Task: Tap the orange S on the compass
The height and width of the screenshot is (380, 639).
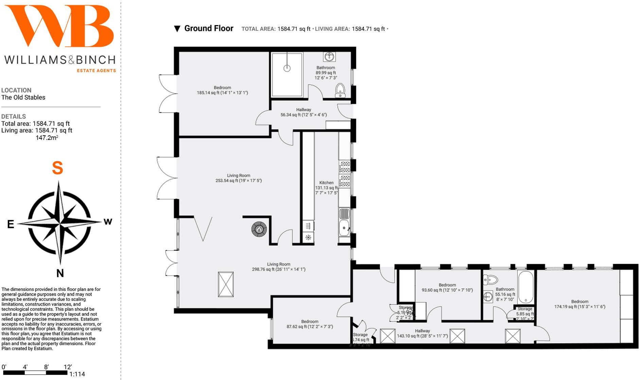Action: click(x=57, y=168)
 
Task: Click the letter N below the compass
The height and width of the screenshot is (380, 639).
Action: click(x=60, y=273)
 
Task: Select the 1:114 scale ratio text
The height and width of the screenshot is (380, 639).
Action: click(x=77, y=374)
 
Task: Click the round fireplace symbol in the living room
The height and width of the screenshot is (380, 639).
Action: click(x=259, y=229)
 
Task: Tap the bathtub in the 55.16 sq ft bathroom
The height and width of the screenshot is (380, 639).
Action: click(x=526, y=287)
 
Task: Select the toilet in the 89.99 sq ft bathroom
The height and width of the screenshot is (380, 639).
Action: click(x=340, y=91)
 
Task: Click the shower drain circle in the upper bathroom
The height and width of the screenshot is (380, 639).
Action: click(x=287, y=68)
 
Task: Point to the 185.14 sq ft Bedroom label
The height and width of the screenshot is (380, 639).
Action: click(x=222, y=90)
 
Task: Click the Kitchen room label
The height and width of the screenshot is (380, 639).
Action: click(x=326, y=183)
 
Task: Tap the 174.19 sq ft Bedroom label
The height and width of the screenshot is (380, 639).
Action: click(x=580, y=304)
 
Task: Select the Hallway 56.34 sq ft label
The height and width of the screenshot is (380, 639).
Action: click(x=303, y=112)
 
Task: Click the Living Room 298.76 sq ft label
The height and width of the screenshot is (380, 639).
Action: click(x=279, y=267)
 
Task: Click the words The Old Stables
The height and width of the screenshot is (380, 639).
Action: click(x=23, y=97)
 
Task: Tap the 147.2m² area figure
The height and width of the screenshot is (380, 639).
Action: click(x=47, y=138)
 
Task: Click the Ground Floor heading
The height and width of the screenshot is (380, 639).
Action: click(x=209, y=29)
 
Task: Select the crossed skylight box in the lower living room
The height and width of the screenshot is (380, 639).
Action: click(x=226, y=284)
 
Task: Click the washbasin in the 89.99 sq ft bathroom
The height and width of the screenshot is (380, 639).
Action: click(x=329, y=56)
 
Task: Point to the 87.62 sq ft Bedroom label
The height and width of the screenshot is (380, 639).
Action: click(x=309, y=324)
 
